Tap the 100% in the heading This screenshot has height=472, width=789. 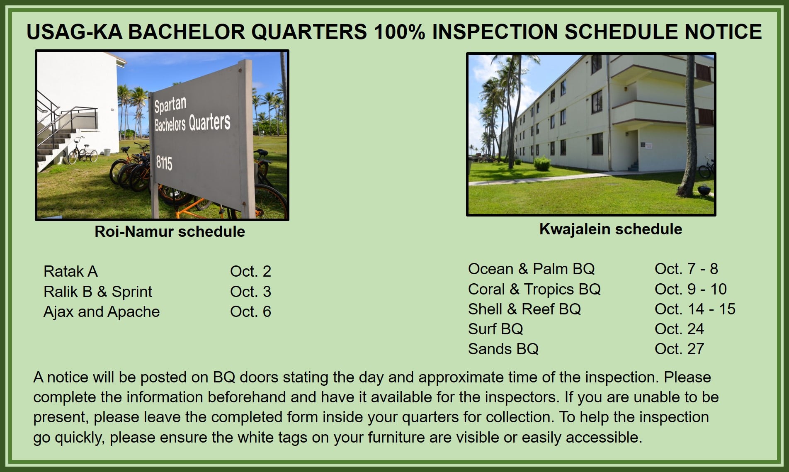pyautogui.click(x=399, y=32)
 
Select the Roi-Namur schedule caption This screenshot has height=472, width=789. pyautogui.click(x=170, y=231)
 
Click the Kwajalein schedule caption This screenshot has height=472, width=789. pyautogui.click(x=610, y=229)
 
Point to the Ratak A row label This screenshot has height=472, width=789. pyautogui.click(x=70, y=271)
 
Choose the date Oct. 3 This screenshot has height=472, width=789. pyautogui.click(x=250, y=292)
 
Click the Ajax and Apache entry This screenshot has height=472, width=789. pyautogui.click(x=102, y=312)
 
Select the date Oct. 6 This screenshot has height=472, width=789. pyautogui.click(x=250, y=311)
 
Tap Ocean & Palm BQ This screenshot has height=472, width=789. pyautogui.click(x=531, y=269)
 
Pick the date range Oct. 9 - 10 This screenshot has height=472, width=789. pyautogui.click(x=690, y=289)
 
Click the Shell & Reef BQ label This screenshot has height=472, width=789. pyautogui.click(x=524, y=309)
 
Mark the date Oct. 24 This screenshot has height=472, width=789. pyautogui.click(x=679, y=329)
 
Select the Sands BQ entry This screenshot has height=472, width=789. pyautogui.click(x=503, y=349)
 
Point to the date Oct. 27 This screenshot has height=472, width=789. pyautogui.click(x=679, y=349)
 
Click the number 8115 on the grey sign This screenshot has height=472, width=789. pyautogui.click(x=164, y=163)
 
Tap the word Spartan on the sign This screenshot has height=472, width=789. pyautogui.click(x=170, y=105)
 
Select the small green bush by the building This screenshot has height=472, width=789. pyautogui.click(x=542, y=164)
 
